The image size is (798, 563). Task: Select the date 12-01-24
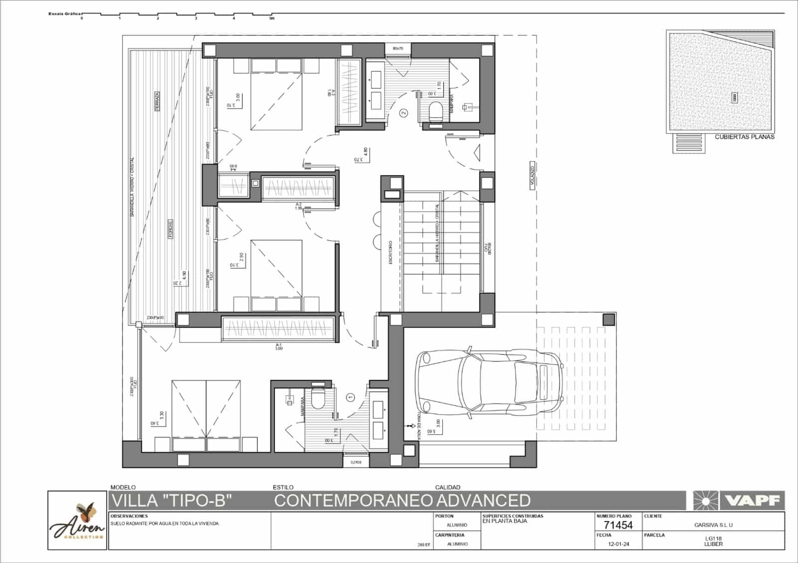[x=619, y=544]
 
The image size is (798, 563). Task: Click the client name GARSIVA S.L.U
[x=713, y=525]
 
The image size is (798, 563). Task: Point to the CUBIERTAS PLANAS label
[x=744, y=137]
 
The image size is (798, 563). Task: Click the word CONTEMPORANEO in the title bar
[x=353, y=500]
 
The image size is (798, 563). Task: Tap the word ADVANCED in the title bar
[x=483, y=500]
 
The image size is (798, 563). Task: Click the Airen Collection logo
[x=77, y=521]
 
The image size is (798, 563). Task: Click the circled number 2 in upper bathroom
[x=404, y=113]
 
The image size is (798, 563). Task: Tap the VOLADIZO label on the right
[x=532, y=175]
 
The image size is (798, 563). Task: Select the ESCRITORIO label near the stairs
[x=391, y=253]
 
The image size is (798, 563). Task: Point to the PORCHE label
[x=170, y=229]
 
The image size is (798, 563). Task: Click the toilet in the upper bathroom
[x=436, y=111]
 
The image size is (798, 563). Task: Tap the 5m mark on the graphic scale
[x=271, y=18]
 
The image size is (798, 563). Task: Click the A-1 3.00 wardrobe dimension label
[x=278, y=346]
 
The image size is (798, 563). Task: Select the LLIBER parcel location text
[x=714, y=544]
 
